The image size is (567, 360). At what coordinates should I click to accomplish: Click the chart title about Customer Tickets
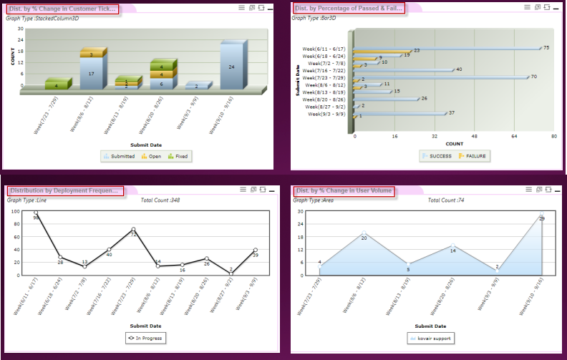(x=63, y=9)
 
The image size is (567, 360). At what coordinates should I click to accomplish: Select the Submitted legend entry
(x=120, y=155)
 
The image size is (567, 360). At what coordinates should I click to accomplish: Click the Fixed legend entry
(x=179, y=155)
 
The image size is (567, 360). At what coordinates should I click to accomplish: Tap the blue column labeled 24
(x=231, y=67)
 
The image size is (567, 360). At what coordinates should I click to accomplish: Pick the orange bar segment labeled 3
(x=91, y=54)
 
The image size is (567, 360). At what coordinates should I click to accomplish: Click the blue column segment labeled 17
(x=91, y=74)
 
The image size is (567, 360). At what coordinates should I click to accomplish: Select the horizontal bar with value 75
(x=447, y=49)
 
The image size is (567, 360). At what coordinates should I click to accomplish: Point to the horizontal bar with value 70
(x=441, y=76)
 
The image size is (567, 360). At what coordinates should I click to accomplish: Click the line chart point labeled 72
(x=133, y=229)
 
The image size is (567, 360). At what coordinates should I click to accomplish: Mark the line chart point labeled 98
(x=36, y=213)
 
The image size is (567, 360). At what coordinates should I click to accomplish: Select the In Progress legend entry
(x=145, y=337)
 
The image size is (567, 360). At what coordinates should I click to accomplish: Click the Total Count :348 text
(x=160, y=200)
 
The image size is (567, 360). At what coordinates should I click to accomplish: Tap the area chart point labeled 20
(x=364, y=233)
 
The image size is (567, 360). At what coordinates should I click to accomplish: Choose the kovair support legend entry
(x=430, y=337)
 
